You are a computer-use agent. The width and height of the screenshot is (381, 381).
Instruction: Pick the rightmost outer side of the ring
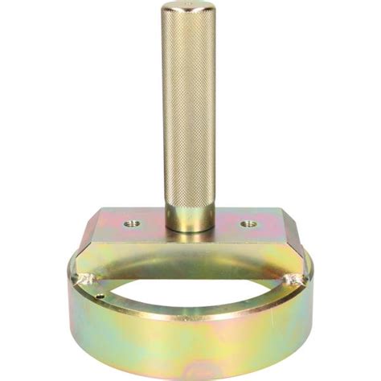[x=309, y=301]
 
